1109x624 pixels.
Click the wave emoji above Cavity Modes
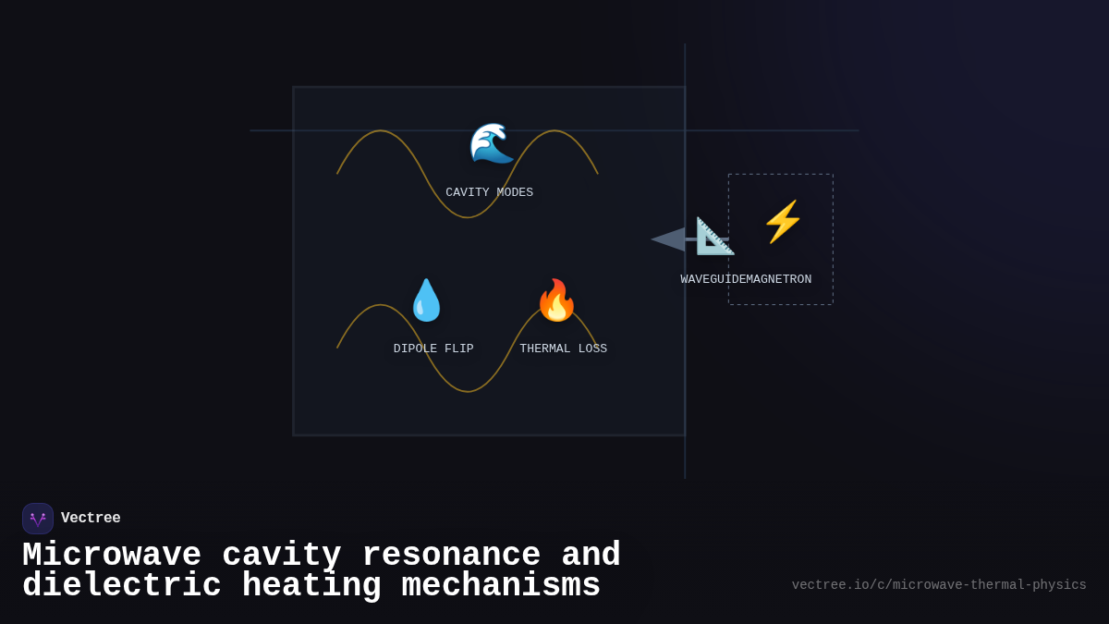[x=491, y=143]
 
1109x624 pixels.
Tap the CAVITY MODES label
[x=489, y=193]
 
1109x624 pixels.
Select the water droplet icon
[x=426, y=300]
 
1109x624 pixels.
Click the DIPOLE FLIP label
[x=433, y=349]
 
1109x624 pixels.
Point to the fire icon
[x=556, y=300]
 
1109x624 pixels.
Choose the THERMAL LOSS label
[x=563, y=349]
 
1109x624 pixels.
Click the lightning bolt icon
[x=782, y=222]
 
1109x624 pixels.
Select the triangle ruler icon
[x=714, y=237]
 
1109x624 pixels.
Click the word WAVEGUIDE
[x=711, y=280]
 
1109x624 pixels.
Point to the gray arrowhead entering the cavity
[x=668, y=239]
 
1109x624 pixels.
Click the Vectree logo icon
[x=38, y=519]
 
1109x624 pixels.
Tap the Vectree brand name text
[x=91, y=519]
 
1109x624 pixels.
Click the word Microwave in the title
[x=112, y=556]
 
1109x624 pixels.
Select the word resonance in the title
[x=451, y=556]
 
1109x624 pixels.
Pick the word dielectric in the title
[x=122, y=586]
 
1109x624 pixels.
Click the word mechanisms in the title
[x=501, y=586]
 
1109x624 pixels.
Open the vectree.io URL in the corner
[x=939, y=585]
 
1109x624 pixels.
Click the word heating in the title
[x=311, y=586]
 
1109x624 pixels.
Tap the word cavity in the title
[x=282, y=556]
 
